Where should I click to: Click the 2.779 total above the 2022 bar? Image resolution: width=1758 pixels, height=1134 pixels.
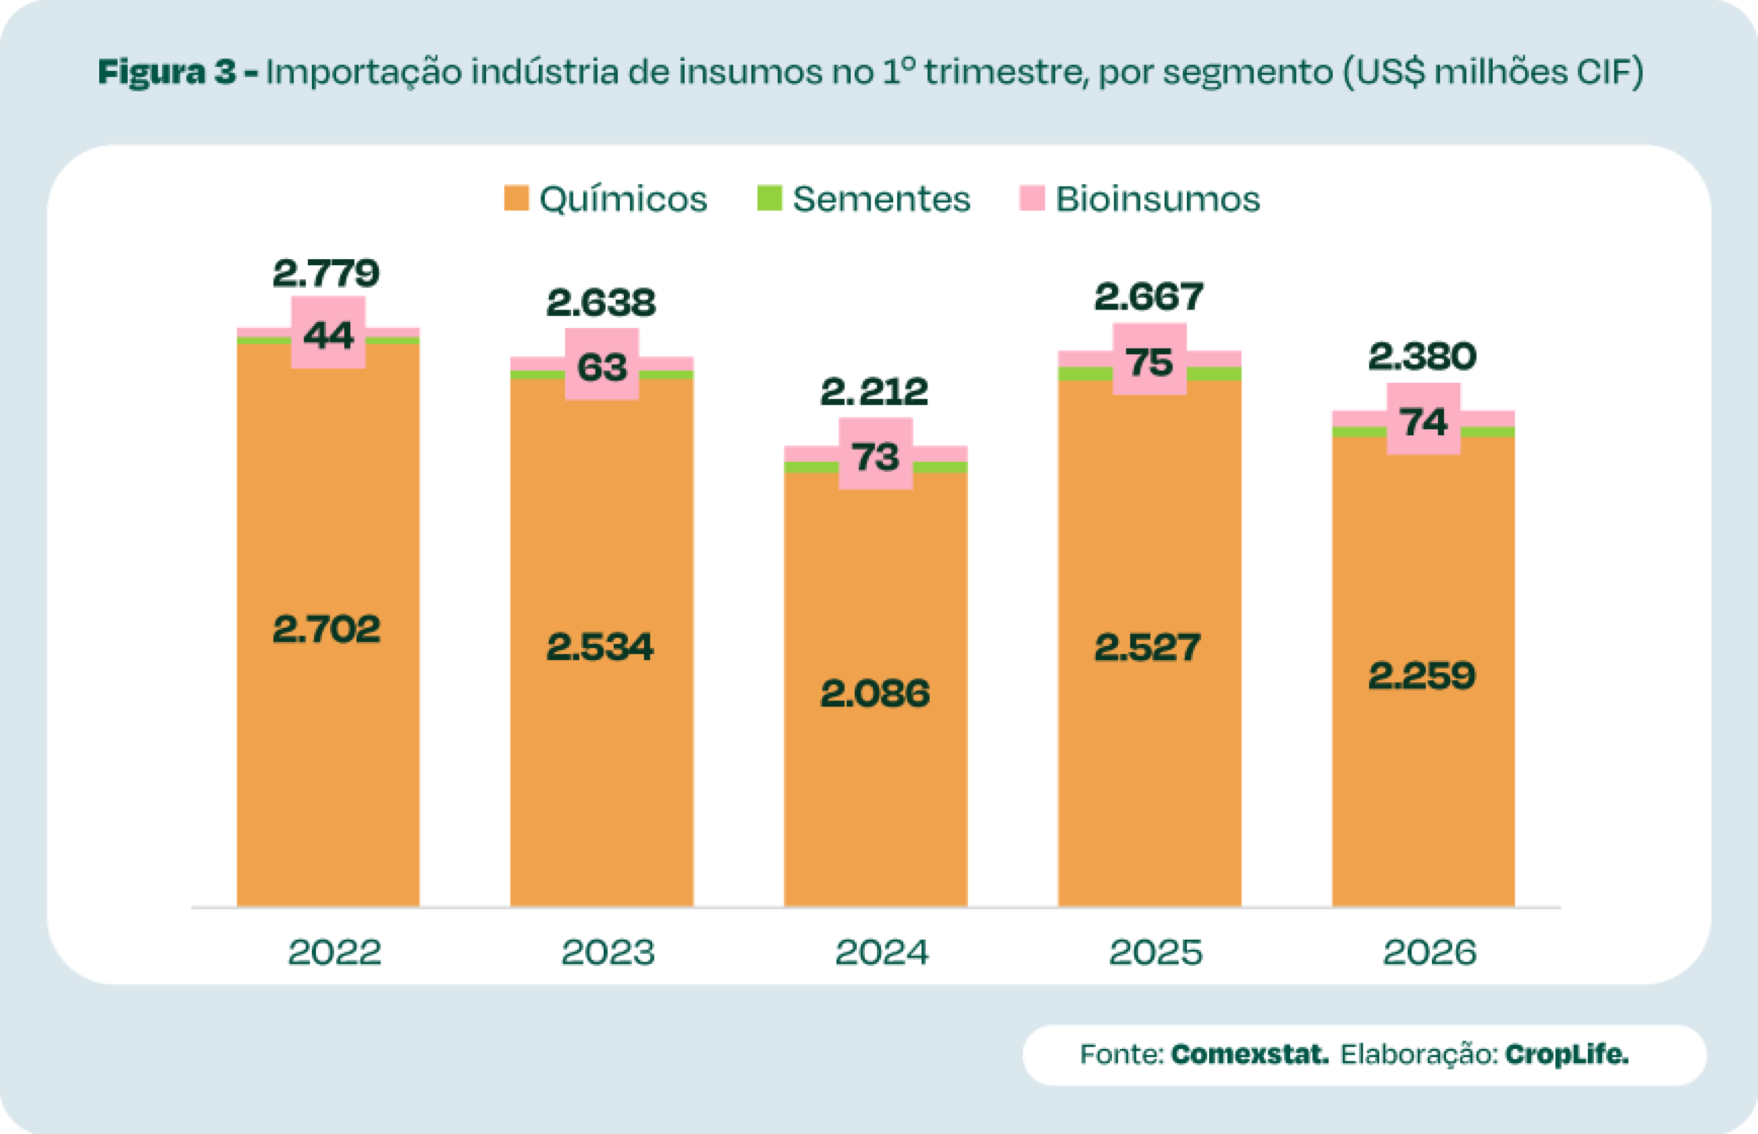click(x=326, y=274)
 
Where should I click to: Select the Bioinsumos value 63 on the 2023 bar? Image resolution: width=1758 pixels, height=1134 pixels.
click(x=602, y=366)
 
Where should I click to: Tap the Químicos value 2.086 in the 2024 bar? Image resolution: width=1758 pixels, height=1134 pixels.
click(x=875, y=693)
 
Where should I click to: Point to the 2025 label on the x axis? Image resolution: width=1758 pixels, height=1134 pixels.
click(x=1155, y=952)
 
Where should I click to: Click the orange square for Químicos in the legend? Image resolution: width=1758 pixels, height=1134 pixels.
click(x=516, y=198)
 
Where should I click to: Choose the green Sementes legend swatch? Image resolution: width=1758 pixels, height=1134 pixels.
click(x=769, y=198)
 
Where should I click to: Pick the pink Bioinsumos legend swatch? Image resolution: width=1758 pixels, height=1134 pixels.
click(x=1032, y=198)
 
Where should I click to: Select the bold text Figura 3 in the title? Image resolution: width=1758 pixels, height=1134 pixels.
click(x=168, y=72)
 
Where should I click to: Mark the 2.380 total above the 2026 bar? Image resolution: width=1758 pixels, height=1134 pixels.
click(x=1422, y=357)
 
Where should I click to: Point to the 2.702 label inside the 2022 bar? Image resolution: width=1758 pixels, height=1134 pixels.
click(x=326, y=629)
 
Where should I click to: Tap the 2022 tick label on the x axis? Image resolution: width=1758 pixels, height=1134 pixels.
click(x=334, y=952)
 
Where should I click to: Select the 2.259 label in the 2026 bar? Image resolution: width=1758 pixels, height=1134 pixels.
click(x=1422, y=675)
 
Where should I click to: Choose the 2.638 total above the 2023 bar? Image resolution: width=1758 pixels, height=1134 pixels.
click(x=601, y=302)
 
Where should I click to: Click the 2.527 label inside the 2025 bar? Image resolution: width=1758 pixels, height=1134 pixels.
click(x=1147, y=647)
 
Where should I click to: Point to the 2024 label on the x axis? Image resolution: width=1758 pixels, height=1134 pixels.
click(x=881, y=952)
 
